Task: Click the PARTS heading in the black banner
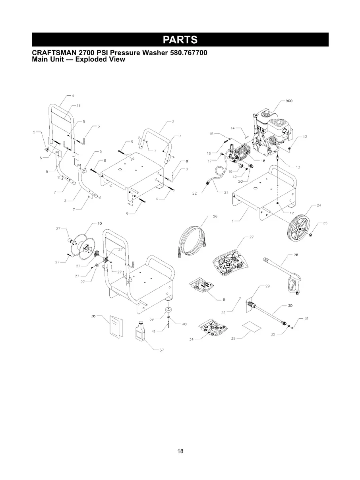coord(180,40)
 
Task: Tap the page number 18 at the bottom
coord(180,451)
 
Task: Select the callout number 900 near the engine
coord(289,101)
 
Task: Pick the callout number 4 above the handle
coord(73,95)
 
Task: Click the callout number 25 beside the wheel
coord(325,223)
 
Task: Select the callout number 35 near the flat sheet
coord(234,339)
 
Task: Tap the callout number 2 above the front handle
coord(173,122)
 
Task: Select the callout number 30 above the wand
coord(290,306)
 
